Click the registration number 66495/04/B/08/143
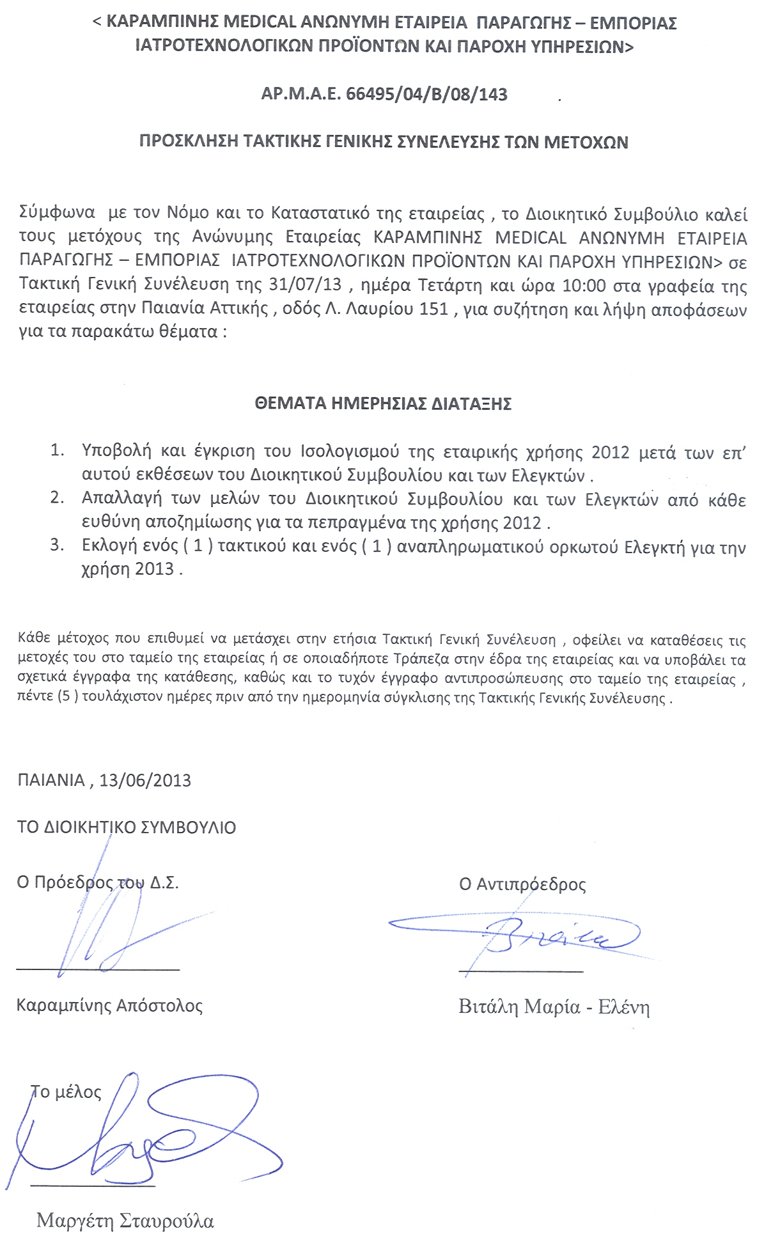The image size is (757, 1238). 426,95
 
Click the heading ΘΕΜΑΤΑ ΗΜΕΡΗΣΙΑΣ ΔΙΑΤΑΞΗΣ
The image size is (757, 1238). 382,404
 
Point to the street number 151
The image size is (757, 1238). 433,308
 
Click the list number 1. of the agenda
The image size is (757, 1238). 58,451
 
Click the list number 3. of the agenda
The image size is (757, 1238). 58,545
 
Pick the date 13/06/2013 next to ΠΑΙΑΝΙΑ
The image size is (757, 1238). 145,780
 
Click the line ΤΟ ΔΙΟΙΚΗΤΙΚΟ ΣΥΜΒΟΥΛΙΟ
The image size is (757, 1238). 127,827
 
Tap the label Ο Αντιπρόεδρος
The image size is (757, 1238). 522,884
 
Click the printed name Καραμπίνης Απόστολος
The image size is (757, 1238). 109,1005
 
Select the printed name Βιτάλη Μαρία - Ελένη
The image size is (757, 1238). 554,1007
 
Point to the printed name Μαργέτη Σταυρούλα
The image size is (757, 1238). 125,1221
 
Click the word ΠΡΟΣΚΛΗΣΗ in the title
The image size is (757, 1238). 189,142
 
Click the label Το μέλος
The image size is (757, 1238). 66,1092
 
